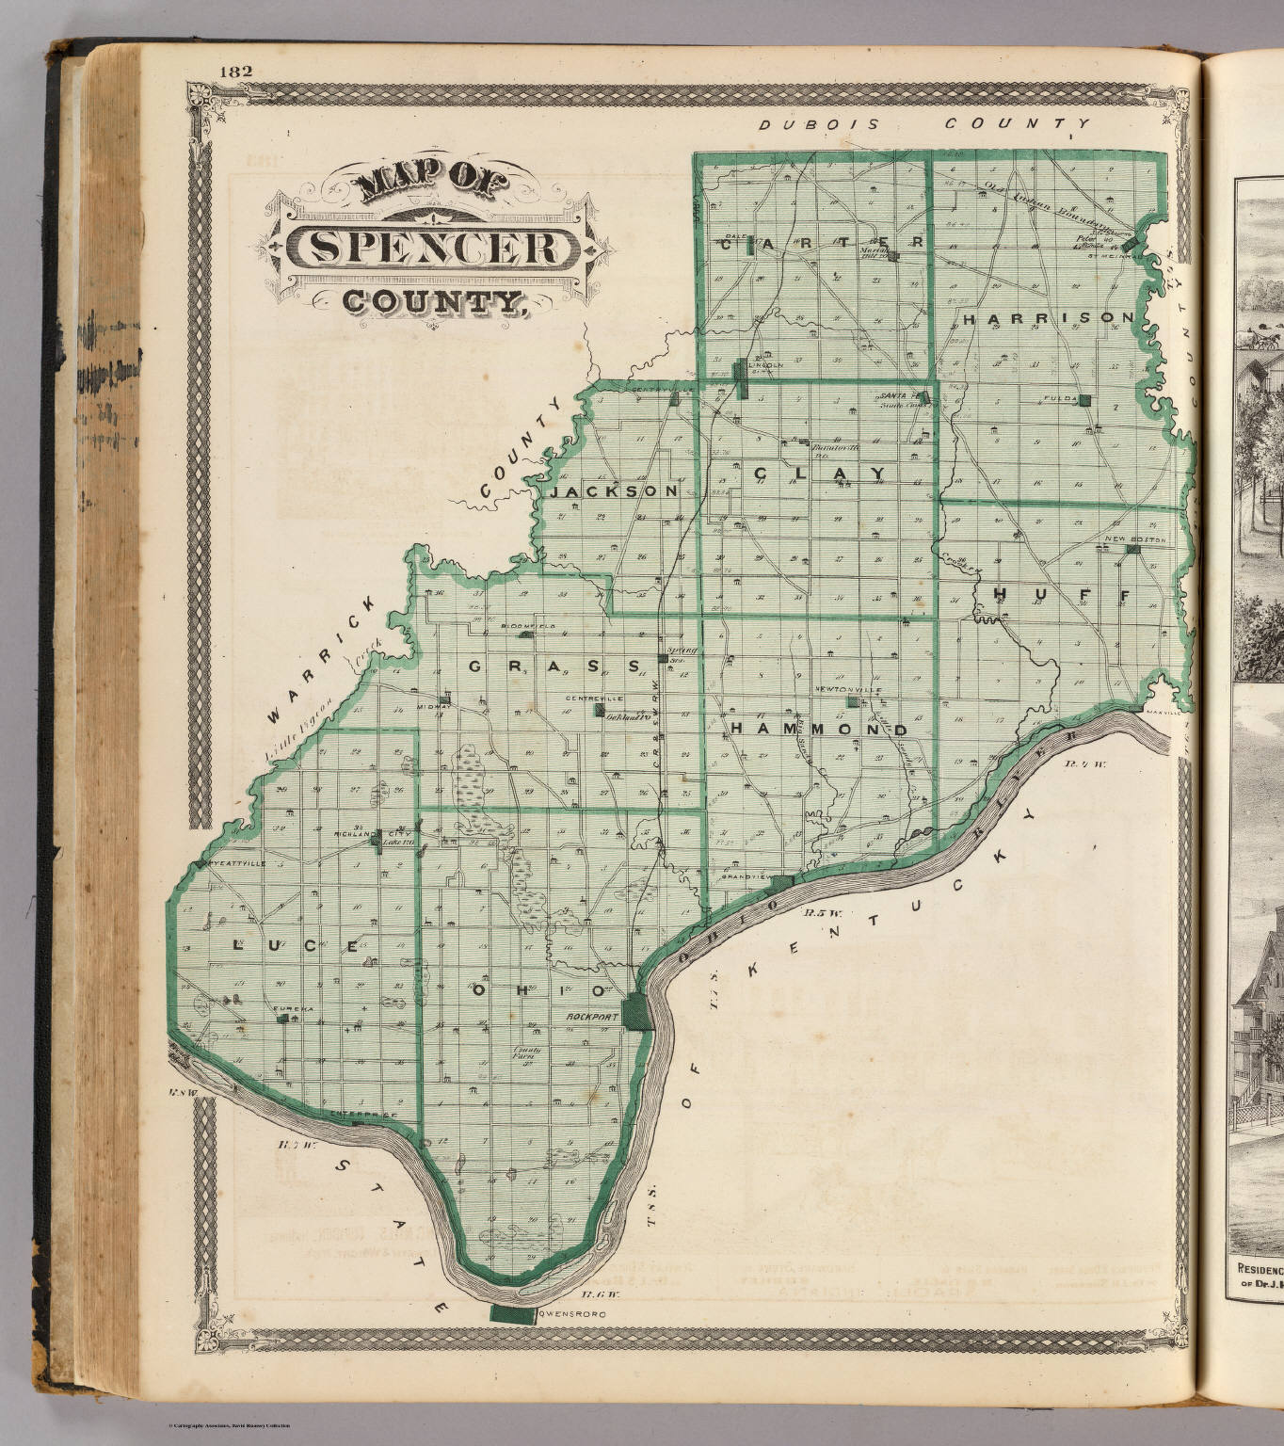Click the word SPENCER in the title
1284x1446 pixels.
point(432,247)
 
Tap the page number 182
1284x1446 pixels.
point(236,72)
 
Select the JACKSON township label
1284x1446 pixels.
point(614,491)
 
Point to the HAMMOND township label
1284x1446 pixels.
point(819,730)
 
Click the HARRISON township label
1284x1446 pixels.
point(1048,318)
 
